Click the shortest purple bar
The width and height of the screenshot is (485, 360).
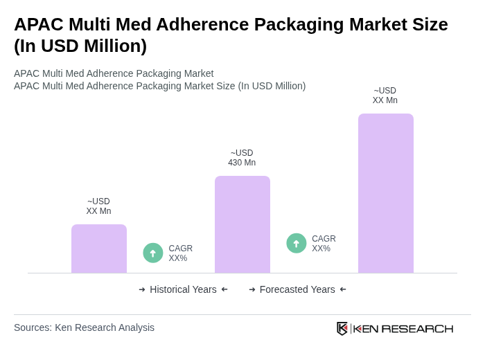click(99, 249)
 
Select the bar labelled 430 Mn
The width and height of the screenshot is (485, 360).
click(242, 224)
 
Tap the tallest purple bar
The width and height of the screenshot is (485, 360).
click(386, 193)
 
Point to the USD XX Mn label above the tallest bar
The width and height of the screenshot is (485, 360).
click(385, 96)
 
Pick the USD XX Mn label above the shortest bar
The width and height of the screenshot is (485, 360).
click(98, 206)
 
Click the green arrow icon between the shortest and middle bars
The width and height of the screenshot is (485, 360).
click(153, 253)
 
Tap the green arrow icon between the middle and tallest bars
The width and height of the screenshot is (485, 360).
click(297, 243)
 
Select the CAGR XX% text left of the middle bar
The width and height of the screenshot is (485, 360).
click(180, 253)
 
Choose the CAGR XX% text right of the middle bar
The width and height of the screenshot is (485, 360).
click(324, 244)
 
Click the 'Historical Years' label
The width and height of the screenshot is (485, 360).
click(183, 289)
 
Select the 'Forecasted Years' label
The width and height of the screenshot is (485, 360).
click(297, 289)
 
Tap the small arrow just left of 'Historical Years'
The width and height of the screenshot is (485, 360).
click(142, 289)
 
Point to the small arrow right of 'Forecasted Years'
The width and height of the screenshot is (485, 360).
click(343, 289)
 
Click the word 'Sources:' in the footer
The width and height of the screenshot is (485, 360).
click(33, 327)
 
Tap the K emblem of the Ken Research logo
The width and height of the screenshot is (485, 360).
click(342, 328)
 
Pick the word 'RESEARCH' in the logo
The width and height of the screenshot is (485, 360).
click(417, 328)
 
